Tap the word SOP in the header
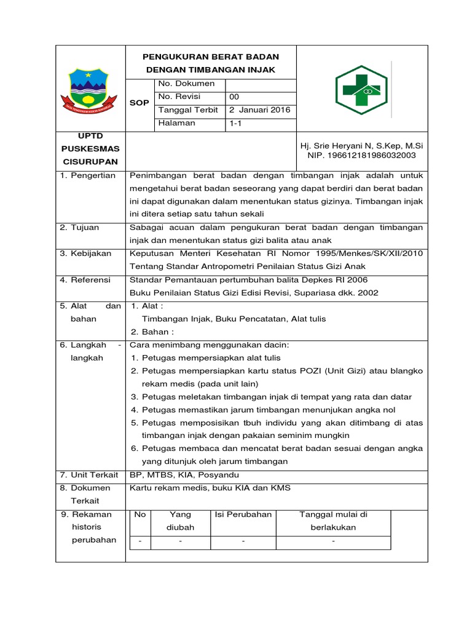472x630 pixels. pos(139,103)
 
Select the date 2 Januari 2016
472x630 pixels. pos(259,110)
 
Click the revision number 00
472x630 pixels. pos(234,97)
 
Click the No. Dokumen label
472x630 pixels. pos(186,83)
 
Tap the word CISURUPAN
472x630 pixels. pos(90,161)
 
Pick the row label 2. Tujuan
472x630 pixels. pos(81,227)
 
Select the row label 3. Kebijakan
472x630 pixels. pos(85,253)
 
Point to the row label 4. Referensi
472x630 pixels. pos(85,279)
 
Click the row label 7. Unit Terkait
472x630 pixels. pos(88,475)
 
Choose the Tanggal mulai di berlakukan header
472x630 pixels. pos(332,520)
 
